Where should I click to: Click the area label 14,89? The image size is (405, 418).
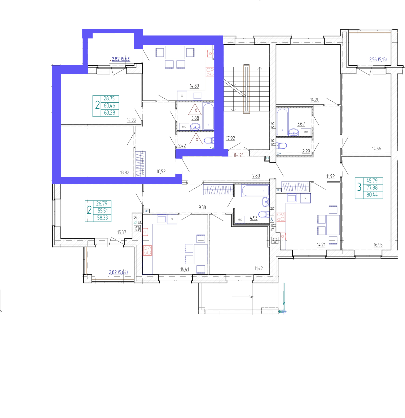[x=194, y=86]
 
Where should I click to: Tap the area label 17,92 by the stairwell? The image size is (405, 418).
[x=230, y=138]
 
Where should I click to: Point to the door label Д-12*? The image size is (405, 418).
[x=238, y=155]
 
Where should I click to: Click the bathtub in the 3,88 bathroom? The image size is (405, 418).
[x=208, y=117]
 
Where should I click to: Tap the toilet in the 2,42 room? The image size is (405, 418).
[x=209, y=140]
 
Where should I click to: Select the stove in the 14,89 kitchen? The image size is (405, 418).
[x=210, y=72]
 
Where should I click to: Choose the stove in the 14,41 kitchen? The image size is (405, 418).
[x=147, y=250]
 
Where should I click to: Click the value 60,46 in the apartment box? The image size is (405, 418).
[x=109, y=105]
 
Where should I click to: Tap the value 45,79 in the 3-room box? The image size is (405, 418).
[x=372, y=181]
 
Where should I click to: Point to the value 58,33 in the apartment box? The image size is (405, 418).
[x=103, y=218]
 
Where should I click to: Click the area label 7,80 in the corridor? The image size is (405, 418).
[x=256, y=176]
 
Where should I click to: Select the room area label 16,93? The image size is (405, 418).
[x=378, y=245]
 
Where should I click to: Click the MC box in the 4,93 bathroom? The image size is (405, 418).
[x=240, y=220]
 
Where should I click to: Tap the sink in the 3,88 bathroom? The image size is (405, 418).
[x=195, y=126]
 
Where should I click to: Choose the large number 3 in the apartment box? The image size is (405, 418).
[x=359, y=188]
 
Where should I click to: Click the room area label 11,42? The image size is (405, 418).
[x=259, y=268]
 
